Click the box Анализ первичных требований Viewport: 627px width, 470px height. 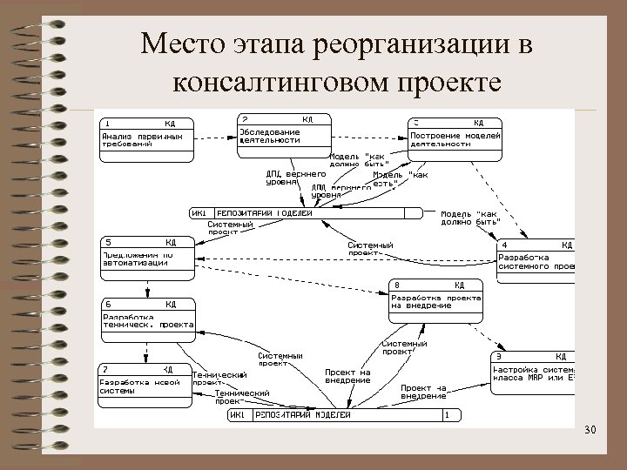(145, 138)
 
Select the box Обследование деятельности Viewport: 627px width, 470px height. (285, 137)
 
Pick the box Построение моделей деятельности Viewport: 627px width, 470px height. (455, 138)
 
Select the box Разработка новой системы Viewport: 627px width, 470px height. (145, 386)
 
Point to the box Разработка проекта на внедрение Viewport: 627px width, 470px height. (435, 301)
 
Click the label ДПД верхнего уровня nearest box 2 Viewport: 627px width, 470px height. (289, 178)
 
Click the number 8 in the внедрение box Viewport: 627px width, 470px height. (397, 285)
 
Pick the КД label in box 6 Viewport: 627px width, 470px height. (171, 304)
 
